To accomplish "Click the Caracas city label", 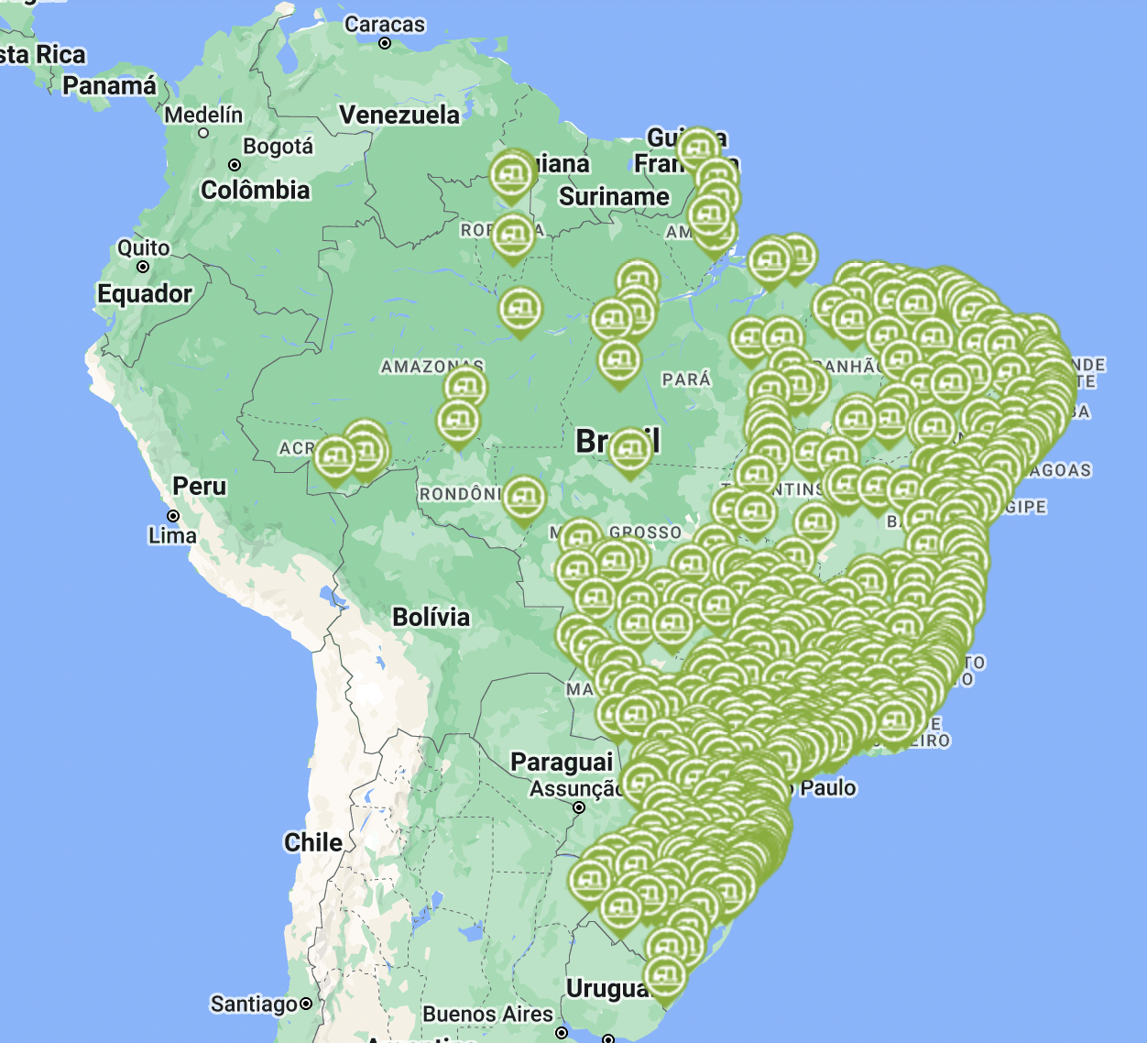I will [385, 25].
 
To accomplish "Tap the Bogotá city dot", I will [235, 165].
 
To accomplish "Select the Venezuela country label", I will [399, 115].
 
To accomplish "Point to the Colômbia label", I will [256, 190].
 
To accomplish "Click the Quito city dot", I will [143, 267].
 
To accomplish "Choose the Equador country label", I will [145, 293].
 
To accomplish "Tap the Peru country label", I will [200, 486].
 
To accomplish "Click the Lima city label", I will [172, 535].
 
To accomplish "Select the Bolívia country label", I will [431, 617].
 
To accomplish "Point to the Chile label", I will [313, 842].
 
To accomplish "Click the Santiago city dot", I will [306, 1004].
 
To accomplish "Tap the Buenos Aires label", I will [488, 1015].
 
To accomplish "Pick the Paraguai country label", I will [562, 762].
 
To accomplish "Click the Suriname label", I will [614, 197].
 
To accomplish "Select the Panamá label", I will [110, 85].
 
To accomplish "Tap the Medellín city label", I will [203, 115].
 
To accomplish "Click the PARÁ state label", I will [686, 379].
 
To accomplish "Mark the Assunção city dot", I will [579, 807].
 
